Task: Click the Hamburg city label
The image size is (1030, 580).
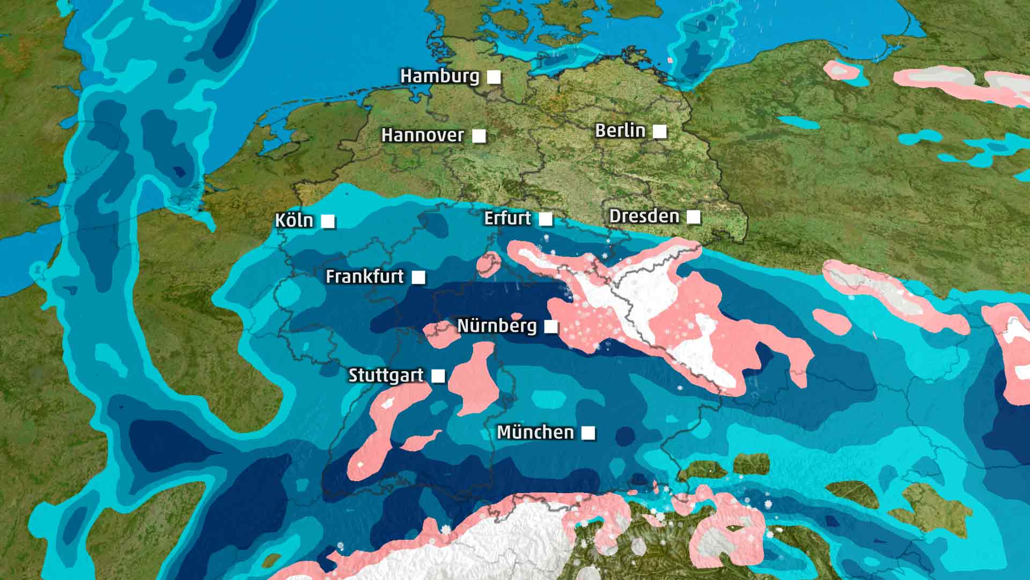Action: pyautogui.click(x=439, y=76)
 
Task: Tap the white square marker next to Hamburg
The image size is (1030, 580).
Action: pyautogui.click(x=494, y=77)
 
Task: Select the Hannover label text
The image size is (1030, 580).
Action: pyautogui.click(x=422, y=135)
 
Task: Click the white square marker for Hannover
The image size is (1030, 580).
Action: pyautogui.click(x=479, y=136)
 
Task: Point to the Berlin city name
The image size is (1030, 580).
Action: pyautogui.click(x=620, y=130)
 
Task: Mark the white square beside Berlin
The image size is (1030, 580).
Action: pyautogui.click(x=659, y=132)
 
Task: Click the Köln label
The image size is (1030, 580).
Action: pyautogui.click(x=294, y=220)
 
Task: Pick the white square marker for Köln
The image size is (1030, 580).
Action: pyautogui.click(x=327, y=221)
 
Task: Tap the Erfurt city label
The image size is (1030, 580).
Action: pyautogui.click(x=507, y=218)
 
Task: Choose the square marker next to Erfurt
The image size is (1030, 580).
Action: pyautogui.click(x=545, y=219)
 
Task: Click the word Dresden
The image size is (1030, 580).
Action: pyautogui.click(x=644, y=216)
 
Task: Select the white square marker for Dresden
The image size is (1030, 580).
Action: pyautogui.click(x=693, y=217)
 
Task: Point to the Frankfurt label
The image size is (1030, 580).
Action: pyautogui.click(x=365, y=277)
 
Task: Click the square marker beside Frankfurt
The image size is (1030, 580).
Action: pyautogui.click(x=418, y=278)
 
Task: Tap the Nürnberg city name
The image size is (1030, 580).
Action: pyautogui.click(x=497, y=325)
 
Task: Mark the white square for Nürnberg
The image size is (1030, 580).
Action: pyautogui.click(x=550, y=327)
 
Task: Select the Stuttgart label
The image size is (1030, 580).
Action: pyautogui.click(x=386, y=375)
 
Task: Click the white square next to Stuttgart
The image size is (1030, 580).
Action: pyautogui.click(x=438, y=376)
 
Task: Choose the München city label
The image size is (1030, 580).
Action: pyautogui.click(x=535, y=432)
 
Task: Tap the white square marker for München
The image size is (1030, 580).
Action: pyautogui.click(x=588, y=433)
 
